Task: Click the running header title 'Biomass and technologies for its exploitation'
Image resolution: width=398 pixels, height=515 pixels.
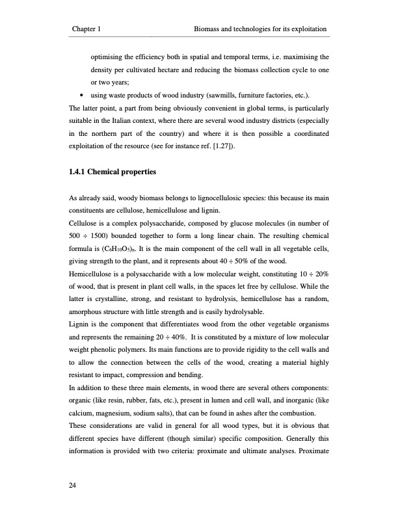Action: pos(259,29)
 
